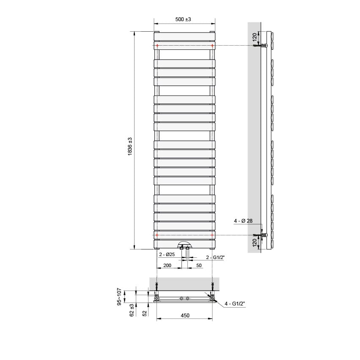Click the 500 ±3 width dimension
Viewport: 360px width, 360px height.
(183, 19)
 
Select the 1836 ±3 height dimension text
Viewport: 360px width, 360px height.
(130, 146)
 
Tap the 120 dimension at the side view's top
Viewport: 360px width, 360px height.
(255, 37)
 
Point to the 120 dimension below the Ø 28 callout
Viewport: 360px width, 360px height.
(255, 243)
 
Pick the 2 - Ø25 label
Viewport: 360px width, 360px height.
(167, 255)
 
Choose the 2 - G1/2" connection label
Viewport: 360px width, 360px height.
(215, 257)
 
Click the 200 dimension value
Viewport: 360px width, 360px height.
(167, 265)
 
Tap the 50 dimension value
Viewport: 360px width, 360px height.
(198, 265)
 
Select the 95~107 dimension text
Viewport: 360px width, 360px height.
(119, 297)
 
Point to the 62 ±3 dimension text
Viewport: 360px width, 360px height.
(132, 310)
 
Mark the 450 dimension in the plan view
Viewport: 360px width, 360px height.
(185, 315)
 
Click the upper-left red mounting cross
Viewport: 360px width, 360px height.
(157, 45)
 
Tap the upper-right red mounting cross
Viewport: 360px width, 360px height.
(212, 45)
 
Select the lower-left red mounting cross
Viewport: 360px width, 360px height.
(157, 235)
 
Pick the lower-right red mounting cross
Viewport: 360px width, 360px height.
(212, 235)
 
